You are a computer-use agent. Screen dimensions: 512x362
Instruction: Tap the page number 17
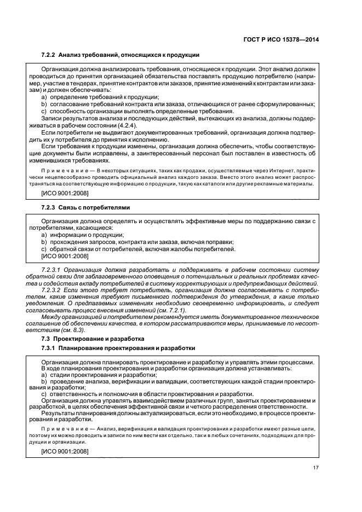(316, 467)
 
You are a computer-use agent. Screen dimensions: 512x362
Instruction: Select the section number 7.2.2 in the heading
(49, 55)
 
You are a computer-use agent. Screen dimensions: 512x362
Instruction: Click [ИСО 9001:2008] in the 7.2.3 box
(64, 255)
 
